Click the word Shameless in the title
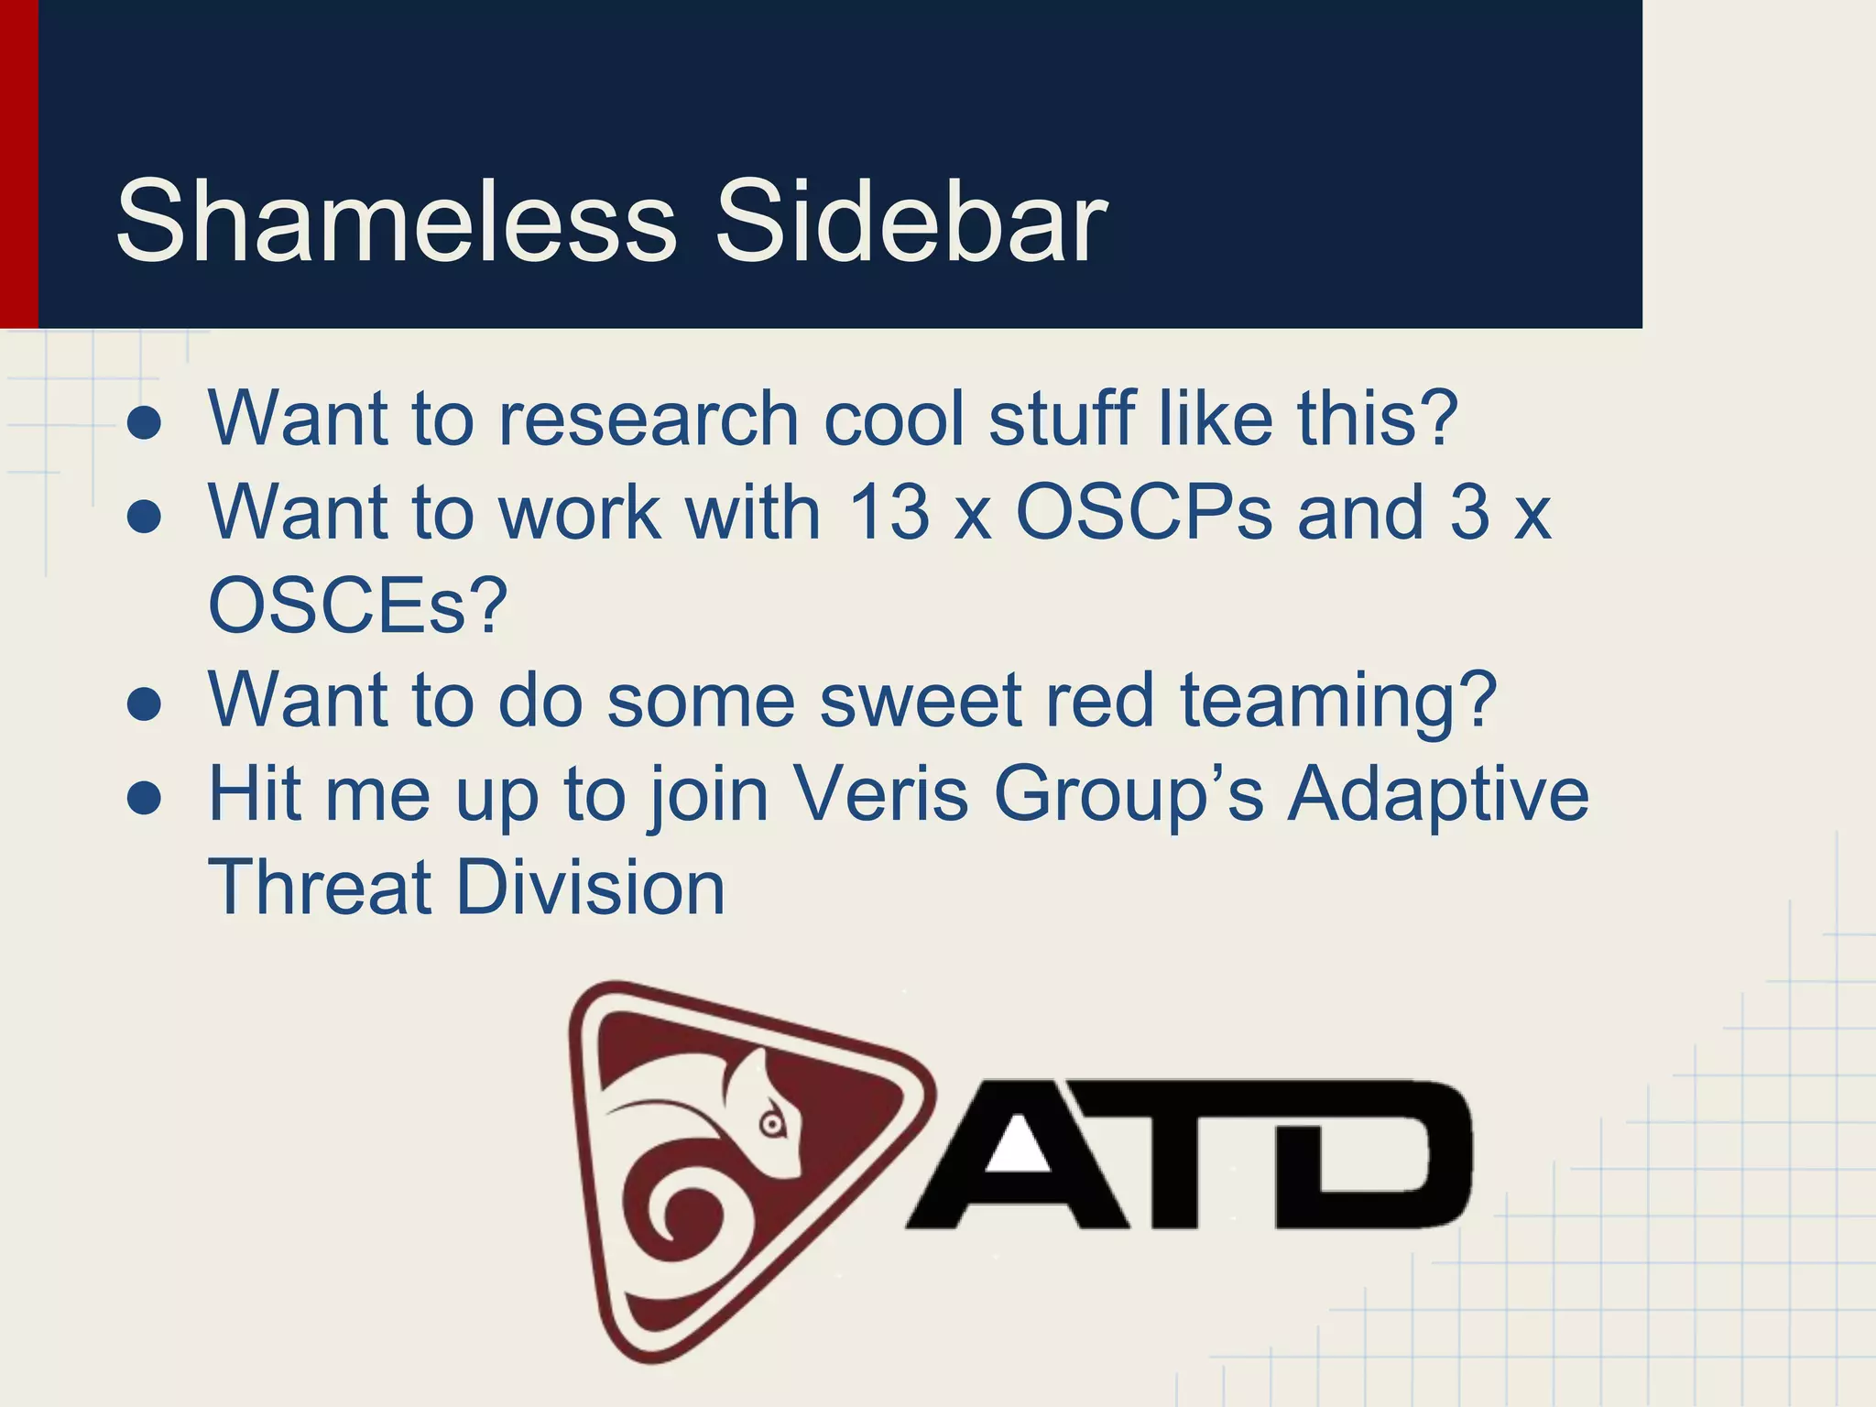396,222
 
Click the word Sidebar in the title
911,222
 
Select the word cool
894,419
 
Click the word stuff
1063,419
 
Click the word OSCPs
1144,512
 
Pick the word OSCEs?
358,605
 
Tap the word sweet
920,701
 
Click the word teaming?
1338,701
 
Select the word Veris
880,794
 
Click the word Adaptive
1438,794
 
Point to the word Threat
321,888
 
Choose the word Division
591,888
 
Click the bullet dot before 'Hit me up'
145,797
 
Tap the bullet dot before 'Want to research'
145,422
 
